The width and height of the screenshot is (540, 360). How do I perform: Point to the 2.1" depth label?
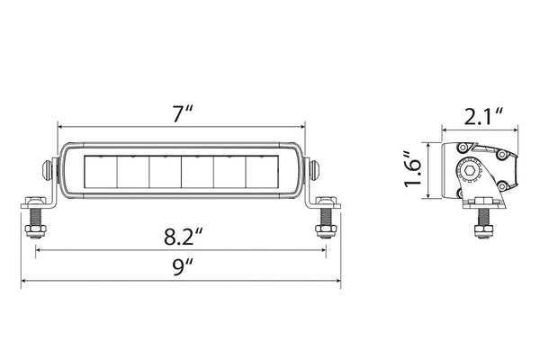[x=478, y=115]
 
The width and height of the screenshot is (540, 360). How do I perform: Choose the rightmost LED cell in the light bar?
[x=267, y=171]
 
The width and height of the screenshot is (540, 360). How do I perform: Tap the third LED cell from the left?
[x=164, y=171]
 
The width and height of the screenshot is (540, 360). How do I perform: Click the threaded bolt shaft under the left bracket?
[x=36, y=218]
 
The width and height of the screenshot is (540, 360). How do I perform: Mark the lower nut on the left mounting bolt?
[x=36, y=232]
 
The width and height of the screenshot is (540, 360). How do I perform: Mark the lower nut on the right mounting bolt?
[x=322, y=232]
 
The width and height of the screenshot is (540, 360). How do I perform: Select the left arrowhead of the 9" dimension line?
[x=22, y=279]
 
